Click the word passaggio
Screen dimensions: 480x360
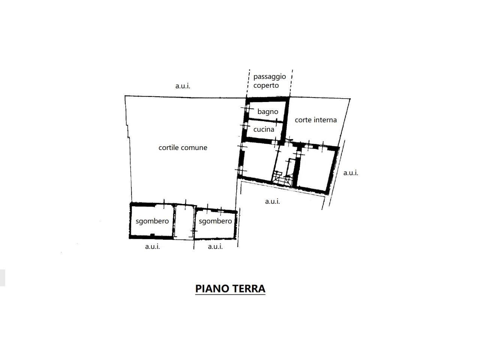(269, 77)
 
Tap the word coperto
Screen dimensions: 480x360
(266, 85)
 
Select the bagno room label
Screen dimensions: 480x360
(268, 112)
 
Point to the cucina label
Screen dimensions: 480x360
(264, 129)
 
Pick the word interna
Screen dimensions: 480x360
(324, 120)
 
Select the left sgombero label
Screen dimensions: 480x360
(152, 221)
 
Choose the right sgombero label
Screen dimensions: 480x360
(215, 221)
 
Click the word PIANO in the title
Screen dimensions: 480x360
(211, 289)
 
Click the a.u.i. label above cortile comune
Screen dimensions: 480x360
(183, 86)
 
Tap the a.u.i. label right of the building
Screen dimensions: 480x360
(351, 173)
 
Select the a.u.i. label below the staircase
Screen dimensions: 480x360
(273, 201)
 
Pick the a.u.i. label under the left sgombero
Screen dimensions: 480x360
(152, 246)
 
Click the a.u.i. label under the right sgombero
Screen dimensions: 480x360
(215, 246)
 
